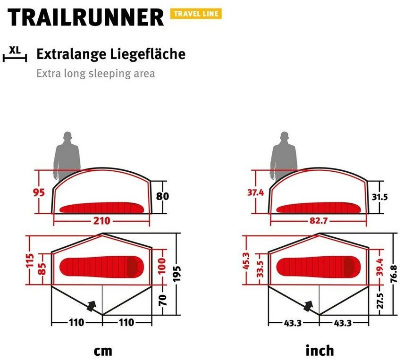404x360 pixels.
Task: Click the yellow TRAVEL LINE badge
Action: click(196, 14)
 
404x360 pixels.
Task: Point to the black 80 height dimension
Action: click(162, 196)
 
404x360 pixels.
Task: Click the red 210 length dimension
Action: click(102, 221)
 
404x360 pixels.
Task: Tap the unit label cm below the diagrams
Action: click(102, 351)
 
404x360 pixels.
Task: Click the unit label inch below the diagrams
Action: click(320, 350)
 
